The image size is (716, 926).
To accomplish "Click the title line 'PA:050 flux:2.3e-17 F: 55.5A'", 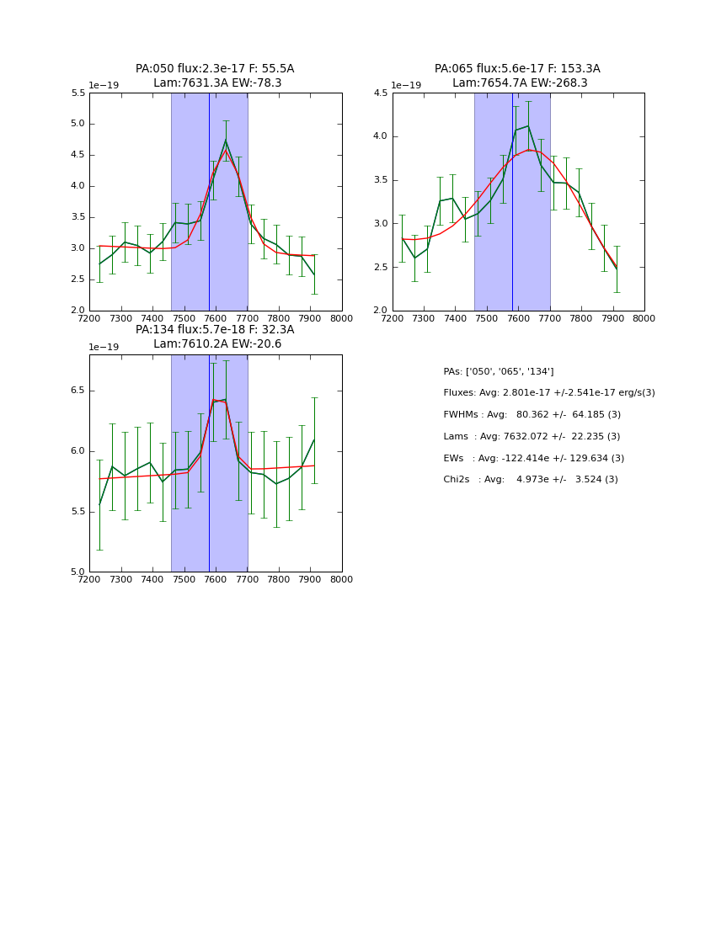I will pos(215,69).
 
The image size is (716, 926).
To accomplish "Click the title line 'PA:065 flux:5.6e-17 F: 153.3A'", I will pos(517,69).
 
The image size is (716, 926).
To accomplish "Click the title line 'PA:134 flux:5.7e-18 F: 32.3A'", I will pos(215,330).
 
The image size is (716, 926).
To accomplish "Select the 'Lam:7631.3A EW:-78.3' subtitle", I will pos(217,83).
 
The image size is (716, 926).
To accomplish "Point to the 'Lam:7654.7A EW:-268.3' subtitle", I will pos(520,83).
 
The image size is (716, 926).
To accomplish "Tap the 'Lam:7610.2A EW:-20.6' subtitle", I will pos(217,344).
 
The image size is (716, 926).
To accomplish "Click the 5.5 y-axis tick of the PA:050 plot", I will pos(77,93).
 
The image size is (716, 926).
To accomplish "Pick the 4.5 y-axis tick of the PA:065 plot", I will pos(381,93).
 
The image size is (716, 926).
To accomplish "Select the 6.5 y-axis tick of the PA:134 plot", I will pos(77,391).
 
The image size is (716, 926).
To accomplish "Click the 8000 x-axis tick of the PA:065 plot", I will pos(644,319).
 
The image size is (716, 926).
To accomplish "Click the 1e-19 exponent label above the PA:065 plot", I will pos(406,86).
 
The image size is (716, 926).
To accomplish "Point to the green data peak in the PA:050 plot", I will pos(226,141).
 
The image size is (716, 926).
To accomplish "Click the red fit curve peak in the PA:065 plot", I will pos(528,150).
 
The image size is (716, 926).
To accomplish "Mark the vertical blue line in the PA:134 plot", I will pos(209,463).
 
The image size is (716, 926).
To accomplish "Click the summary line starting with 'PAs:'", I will pos(499,371).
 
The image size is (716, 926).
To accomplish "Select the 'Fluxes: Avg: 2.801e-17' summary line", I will pos(548,393).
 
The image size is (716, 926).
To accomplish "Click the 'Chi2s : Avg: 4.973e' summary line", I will pos(530,480).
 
